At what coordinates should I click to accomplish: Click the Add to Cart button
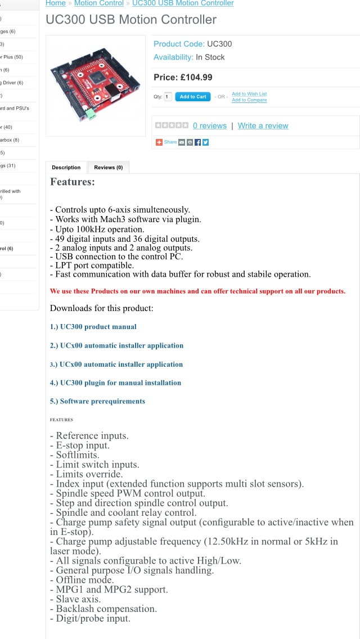pyautogui.click(x=193, y=97)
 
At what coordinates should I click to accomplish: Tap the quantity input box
pyautogui.click(x=168, y=97)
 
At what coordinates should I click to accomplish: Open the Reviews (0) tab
pyautogui.click(x=109, y=168)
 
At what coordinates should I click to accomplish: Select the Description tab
pyautogui.click(x=66, y=168)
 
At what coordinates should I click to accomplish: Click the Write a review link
pyautogui.click(x=263, y=126)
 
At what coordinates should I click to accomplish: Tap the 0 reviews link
pyautogui.click(x=209, y=126)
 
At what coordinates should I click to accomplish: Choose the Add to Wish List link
pyautogui.click(x=249, y=94)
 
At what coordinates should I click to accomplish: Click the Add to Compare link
pyautogui.click(x=249, y=100)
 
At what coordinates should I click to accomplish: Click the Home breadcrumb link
pyautogui.click(x=55, y=3)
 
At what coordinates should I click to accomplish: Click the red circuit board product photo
pyautogui.click(x=95, y=85)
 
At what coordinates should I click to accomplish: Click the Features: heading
pyautogui.click(x=73, y=182)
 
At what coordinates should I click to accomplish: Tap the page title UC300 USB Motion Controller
pyautogui.click(x=131, y=20)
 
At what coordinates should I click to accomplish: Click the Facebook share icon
pyautogui.click(x=197, y=142)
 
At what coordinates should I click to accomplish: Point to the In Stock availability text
pyautogui.click(x=210, y=57)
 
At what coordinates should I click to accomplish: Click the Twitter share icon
pyautogui.click(x=205, y=142)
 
